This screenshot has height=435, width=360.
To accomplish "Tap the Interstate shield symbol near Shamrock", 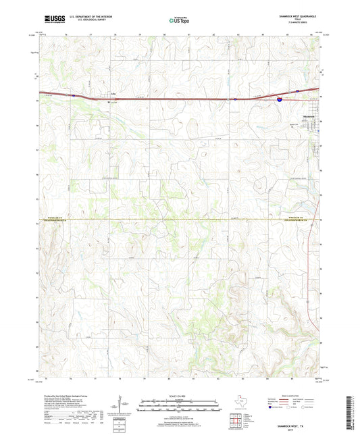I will (x=279, y=99).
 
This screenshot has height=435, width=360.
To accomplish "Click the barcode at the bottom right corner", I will (x=353, y=411).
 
